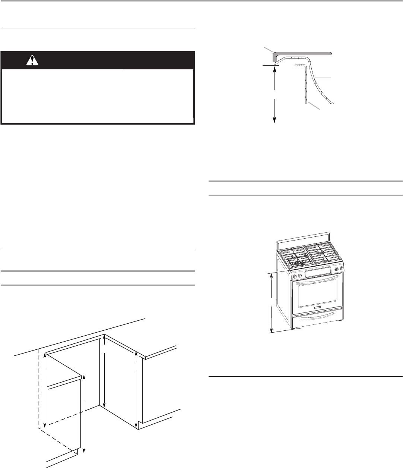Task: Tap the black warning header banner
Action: pyautogui.click(x=112, y=60)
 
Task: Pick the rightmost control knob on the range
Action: pyautogui.click(x=342, y=269)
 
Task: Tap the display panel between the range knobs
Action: pyautogui.click(x=316, y=273)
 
